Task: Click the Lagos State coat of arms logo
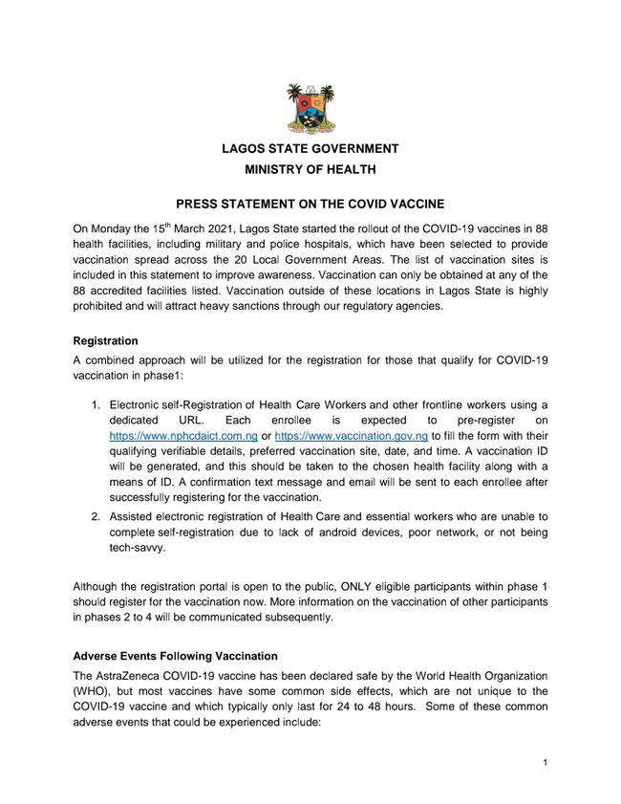[310, 106]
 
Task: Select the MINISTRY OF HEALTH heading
[310, 170]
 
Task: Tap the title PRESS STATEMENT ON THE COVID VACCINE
[310, 205]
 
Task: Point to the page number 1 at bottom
[544, 763]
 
